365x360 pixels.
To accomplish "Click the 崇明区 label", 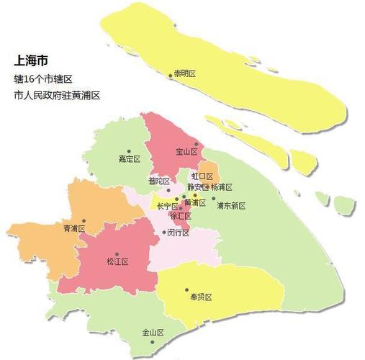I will click(188, 74).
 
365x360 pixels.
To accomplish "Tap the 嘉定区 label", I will click(129, 159).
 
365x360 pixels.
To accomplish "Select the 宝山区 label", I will click(187, 151).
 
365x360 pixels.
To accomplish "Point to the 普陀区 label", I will click(158, 181).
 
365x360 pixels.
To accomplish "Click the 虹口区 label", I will click(202, 176).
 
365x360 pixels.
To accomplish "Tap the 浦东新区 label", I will click(231, 205).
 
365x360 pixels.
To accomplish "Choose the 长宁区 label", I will click(167, 206).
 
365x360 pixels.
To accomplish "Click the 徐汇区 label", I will click(180, 216).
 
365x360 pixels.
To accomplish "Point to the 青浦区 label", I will click(73, 229).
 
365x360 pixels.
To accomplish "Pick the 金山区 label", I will click(153, 333).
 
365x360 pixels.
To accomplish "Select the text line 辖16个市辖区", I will click(45, 77).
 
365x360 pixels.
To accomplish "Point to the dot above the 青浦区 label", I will click(84, 220).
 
